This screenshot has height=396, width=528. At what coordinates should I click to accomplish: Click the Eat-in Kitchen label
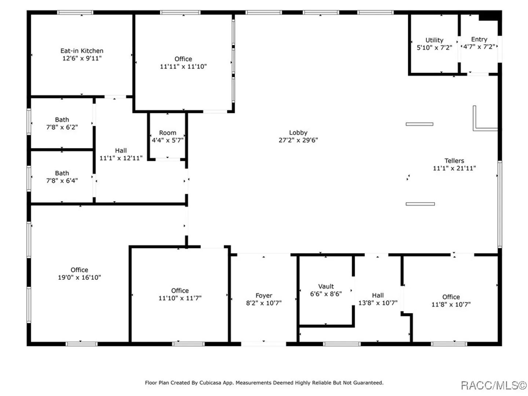click(x=82, y=51)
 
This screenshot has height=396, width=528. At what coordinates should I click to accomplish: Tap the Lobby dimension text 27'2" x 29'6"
click(x=298, y=140)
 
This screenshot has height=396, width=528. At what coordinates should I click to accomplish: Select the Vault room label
click(x=326, y=286)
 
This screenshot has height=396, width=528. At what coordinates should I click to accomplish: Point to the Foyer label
click(x=264, y=296)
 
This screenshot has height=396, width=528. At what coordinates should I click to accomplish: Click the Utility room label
click(x=434, y=40)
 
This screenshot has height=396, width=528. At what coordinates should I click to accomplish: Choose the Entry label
click(x=479, y=39)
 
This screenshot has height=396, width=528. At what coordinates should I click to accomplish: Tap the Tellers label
click(x=454, y=161)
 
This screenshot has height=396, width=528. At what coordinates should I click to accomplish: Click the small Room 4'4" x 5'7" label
click(x=168, y=136)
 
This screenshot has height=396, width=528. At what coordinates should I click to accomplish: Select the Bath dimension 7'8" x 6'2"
click(x=62, y=127)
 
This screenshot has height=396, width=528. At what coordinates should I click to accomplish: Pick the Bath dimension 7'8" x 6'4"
click(x=62, y=180)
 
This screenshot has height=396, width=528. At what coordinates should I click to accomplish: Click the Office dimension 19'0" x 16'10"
click(x=79, y=278)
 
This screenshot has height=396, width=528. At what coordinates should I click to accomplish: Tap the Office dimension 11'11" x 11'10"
click(x=183, y=67)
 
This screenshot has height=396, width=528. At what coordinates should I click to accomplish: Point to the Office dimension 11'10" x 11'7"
click(x=180, y=298)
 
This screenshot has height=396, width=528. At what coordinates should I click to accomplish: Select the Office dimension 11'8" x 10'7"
click(x=451, y=305)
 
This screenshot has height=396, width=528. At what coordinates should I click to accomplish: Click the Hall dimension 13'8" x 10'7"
click(x=378, y=303)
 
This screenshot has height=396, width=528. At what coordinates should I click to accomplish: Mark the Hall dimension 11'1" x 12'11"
click(x=121, y=158)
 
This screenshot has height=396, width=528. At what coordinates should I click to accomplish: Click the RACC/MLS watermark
click(x=494, y=386)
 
